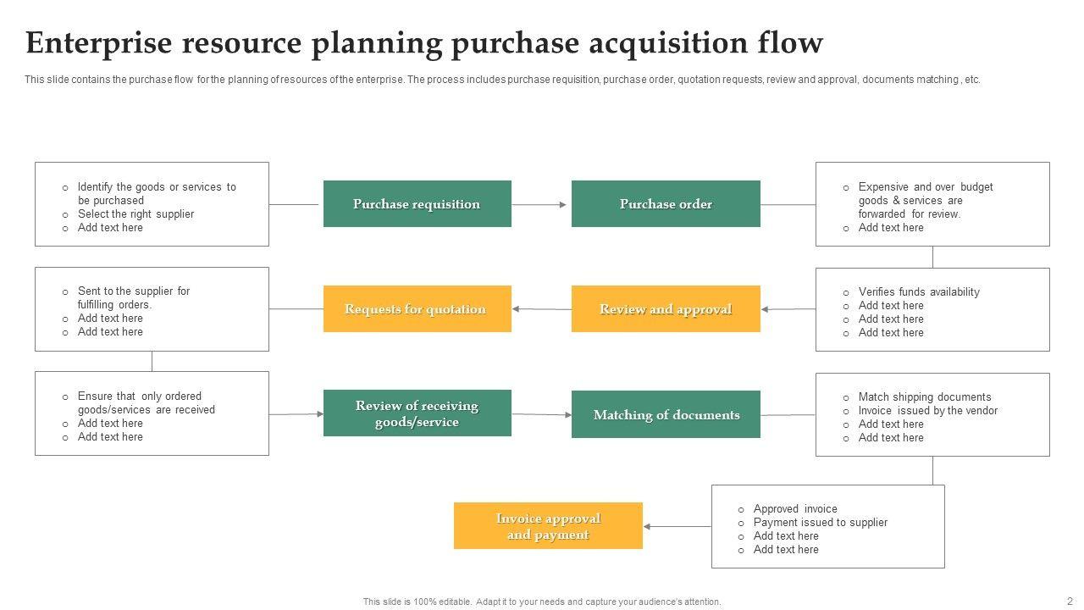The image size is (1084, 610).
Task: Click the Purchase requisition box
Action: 417,204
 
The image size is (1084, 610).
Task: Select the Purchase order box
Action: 666,204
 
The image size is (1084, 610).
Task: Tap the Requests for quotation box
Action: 417,309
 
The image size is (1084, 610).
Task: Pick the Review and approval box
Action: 666,309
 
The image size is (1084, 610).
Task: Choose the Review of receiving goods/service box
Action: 417,413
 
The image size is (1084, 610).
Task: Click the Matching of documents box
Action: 666,415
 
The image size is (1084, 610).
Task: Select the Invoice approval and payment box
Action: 548,526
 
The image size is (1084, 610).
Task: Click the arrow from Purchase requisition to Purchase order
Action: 540,204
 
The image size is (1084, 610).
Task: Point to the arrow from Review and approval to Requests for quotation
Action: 541,309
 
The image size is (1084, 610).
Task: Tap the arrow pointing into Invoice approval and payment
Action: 676,526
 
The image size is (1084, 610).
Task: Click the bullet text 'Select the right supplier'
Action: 135,214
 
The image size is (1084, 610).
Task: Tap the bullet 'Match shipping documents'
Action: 925,397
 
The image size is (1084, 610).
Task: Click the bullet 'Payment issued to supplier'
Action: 821,523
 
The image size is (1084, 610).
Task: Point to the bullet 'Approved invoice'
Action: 795,509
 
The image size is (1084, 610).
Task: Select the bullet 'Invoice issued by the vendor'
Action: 928,411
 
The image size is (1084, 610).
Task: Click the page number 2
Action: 1070,600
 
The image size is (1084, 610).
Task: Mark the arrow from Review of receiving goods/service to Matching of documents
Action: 542,414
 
